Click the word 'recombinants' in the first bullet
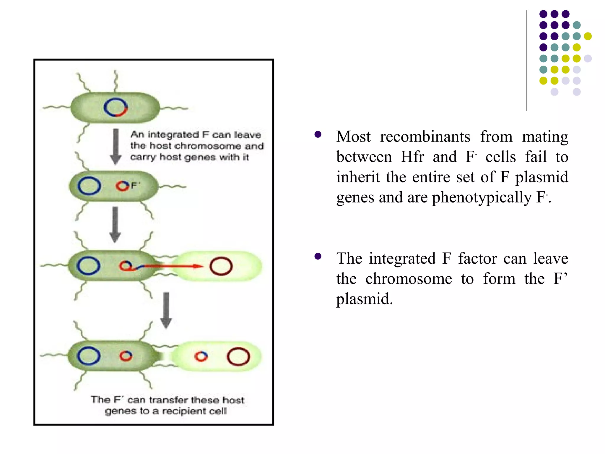pyautogui.click(x=425, y=137)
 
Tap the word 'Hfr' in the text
pyautogui.click(x=412, y=157)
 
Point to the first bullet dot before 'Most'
pyautogui.click(x=318, y=135)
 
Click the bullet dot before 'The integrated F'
pyautogui.click(x=318, y=256)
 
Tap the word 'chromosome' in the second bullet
pyautogui.click(x=409, y=279)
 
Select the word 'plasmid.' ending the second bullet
pyautogui.click(x=365, y=299)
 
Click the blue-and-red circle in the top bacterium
pyautogui.click(x=116, y=107)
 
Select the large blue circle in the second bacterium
pyautogui.click(x=89, y=186)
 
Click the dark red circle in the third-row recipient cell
pyautogui.click(x=221, y=266)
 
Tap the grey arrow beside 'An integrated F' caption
pyautogui.click(x=116, y=146)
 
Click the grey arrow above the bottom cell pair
pyautogui.click(x=166, y=310)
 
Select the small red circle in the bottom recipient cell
pyautogui.click(x=201, y=356)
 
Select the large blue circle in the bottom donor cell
pyautogui.click(x=88, y=356)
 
